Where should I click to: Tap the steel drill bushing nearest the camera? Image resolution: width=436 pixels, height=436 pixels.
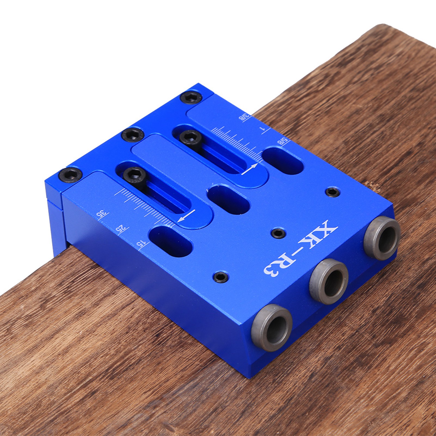click(x=271, y=327)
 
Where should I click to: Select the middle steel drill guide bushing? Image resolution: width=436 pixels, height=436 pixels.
click(x=329, y=281)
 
